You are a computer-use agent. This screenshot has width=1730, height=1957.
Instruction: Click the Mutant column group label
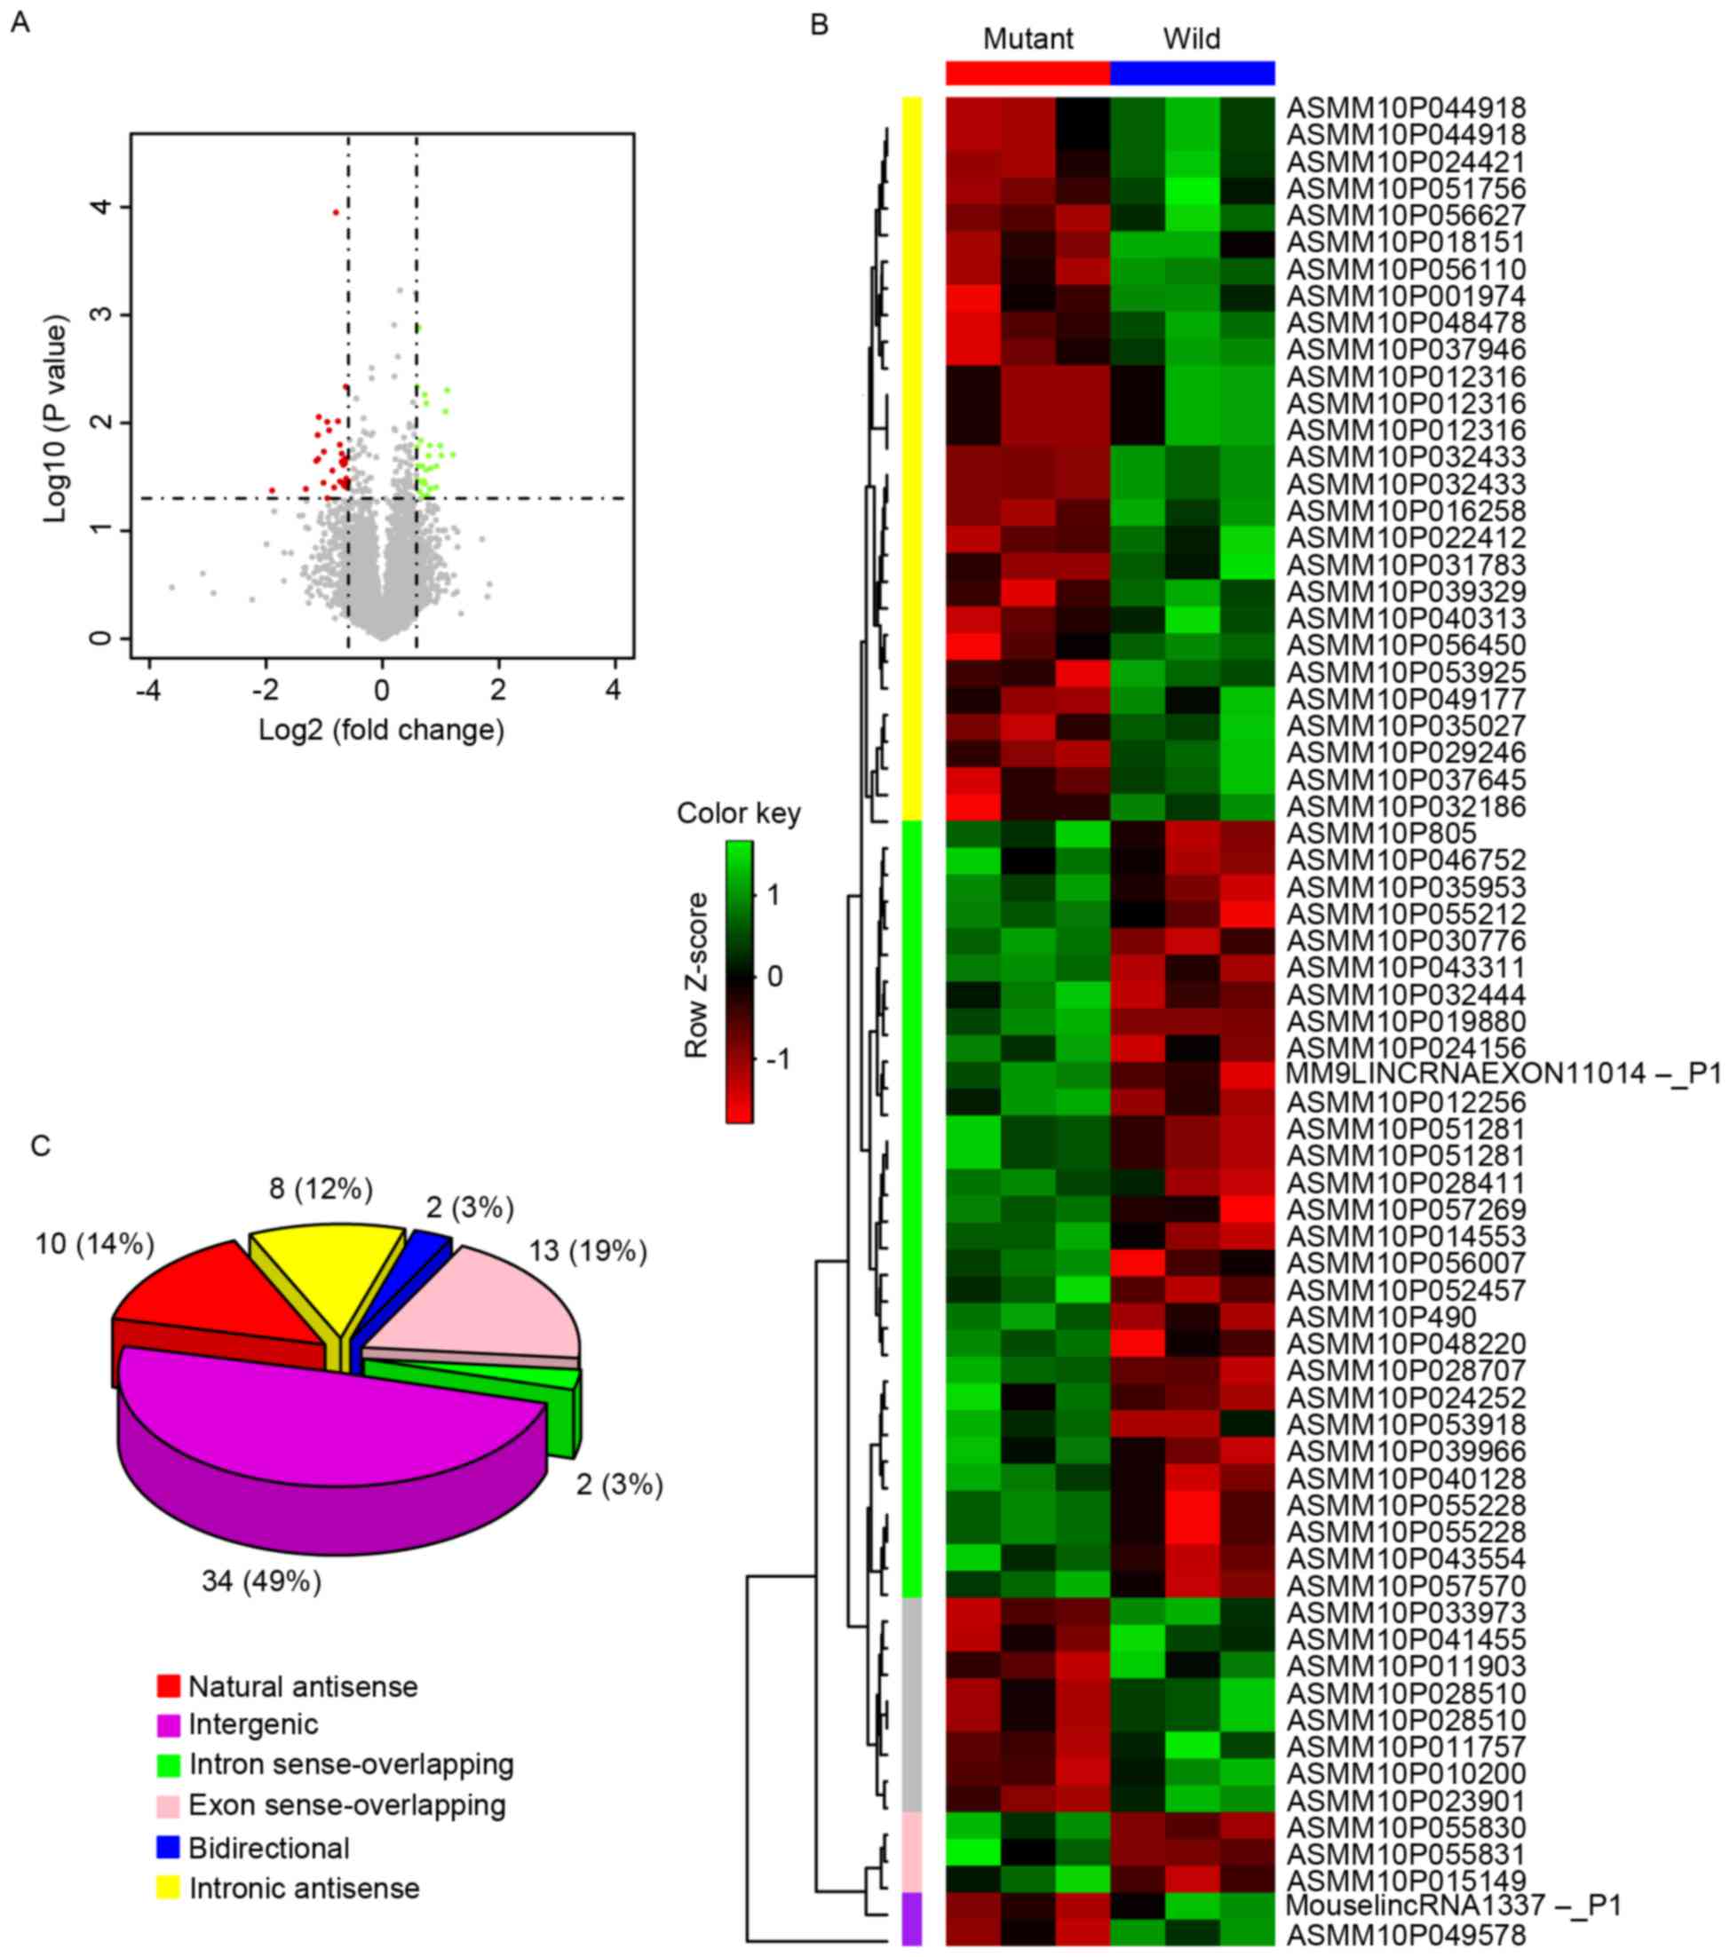(x=1028, y=39)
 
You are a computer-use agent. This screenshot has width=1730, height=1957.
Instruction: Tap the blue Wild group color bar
(x=1192, y=74)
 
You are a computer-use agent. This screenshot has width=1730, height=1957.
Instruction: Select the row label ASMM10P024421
(x=1406, y=162)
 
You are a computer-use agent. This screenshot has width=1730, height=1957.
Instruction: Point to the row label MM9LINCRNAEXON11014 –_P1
(x=1504, y=1074)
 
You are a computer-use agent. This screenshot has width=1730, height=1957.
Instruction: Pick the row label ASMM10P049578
(x=1406, y=1933)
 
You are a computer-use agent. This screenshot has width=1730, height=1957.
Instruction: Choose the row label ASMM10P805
(x=1381, y=833)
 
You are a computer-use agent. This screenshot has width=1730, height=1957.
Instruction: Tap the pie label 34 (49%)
(x=261, y=1581)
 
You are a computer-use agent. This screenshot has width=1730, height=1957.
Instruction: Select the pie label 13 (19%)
(x=588, y=1250)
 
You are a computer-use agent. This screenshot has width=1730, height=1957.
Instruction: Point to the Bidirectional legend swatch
(x=169, y=1848)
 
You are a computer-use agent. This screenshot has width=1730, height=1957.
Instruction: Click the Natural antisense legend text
(x=303, y=1686)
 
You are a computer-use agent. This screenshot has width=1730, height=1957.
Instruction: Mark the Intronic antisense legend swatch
(x=169, y=1888)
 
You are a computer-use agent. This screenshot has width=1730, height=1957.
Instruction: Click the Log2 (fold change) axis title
(x=381, y=731)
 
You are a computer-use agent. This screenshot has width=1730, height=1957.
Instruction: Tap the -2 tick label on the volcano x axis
(x=265, y=689)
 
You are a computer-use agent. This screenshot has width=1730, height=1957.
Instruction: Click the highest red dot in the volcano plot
(x=335, y=211)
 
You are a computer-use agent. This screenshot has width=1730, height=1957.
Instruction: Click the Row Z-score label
(x=696, y=975)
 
